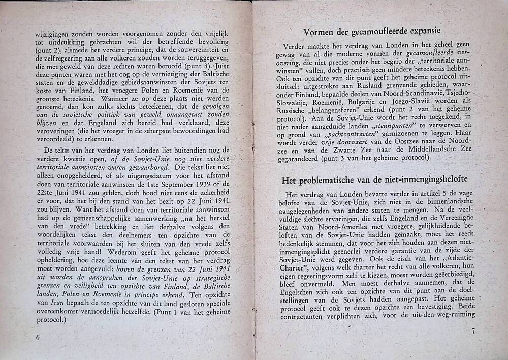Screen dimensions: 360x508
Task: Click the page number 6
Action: click(x=38, y=337)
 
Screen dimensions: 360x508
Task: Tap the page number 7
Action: click(x=472, y=332)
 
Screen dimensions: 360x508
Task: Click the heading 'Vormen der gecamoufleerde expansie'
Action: click(x=372, y=32)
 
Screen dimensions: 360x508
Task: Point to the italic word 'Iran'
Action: click(x=45, y=303)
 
